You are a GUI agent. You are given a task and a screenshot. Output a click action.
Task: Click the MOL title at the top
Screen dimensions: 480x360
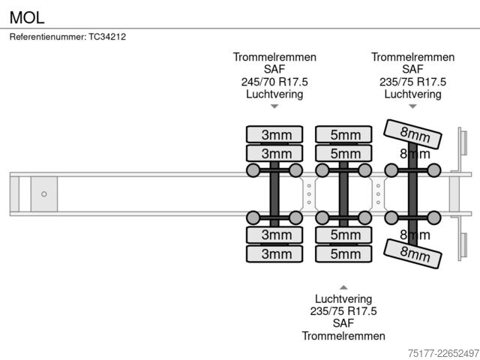pyautogui.click(x=27, y=17)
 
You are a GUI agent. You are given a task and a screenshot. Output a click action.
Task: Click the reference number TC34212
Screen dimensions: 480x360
pyautogui.click(x=107, y=37)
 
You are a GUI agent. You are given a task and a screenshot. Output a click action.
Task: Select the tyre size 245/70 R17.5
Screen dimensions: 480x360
pyautogui.click(x=274, y=82)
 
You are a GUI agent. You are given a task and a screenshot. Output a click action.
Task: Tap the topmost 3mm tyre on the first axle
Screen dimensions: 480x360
pyautogui.click(x=274, y=134)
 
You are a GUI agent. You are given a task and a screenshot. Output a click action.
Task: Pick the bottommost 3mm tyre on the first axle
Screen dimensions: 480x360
pyautogui.click(x=274, y=253)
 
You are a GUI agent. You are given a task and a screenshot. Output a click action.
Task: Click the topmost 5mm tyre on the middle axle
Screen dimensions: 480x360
pyautogui.click(x=343, y=134)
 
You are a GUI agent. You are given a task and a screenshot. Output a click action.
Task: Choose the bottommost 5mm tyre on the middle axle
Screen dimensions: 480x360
pyautogui.click(x=343, y=253)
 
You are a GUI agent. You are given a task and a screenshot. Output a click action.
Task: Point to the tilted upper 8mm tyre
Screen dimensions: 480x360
pyautogui.click(x=412, y=134)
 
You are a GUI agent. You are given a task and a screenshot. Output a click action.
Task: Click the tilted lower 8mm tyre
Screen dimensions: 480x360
pyautogui.click(x=412, y=253)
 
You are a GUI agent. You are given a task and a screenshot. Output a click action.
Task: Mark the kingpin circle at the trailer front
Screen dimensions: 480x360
pyautogui.click(x=44, y=194)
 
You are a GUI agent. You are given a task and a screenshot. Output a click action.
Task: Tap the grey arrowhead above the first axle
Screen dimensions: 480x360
pyautogui.click(x=274, y=106)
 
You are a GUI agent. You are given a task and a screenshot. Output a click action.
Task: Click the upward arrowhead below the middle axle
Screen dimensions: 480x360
pyautogui.click(x=343, y=287)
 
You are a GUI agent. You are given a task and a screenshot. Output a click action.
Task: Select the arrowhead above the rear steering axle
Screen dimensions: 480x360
pyautogui.click(x=412, y=106)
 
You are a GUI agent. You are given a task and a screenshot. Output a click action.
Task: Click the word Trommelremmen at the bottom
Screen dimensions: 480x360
pyautogui.click(x=343, y=336)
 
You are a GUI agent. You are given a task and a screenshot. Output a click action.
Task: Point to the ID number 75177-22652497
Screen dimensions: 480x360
pyautogui.click(x=443, y=353)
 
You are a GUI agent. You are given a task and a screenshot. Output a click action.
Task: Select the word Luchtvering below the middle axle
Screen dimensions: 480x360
pyautogui.click(x=343, y=298)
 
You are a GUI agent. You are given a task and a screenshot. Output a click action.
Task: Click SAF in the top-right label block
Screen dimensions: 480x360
pyautogui.click(x=412, y=70)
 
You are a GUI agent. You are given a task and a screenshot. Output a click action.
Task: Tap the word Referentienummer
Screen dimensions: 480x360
pyautogui.click(x=48, y=37)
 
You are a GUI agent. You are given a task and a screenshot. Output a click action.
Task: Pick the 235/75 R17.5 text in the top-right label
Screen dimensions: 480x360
pyautogui.click(x=412, y=82)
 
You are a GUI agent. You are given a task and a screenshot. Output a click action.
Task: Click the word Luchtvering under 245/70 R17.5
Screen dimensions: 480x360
pyautogui.click(x=274, y=94)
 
